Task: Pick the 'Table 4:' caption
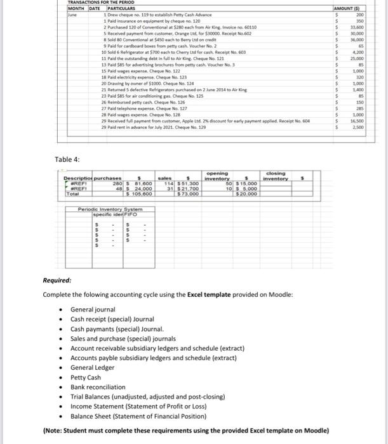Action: (x=67, y=159)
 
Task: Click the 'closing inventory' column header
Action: (x=276, y=175)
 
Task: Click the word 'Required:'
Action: (x=57, y=279)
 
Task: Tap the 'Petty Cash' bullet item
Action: (x=86, y=377)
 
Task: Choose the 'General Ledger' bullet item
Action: (x=93, y=367)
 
